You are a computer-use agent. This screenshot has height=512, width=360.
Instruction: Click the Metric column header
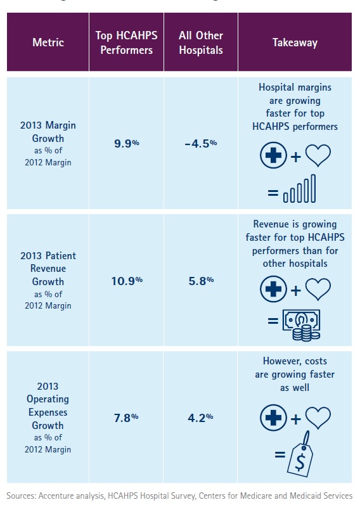48,42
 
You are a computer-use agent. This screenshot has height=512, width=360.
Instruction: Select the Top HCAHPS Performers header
126,42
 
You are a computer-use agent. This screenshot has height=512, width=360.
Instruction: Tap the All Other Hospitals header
201,42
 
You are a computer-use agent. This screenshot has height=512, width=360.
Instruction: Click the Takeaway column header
295,42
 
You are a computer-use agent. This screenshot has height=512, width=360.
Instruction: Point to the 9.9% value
126,143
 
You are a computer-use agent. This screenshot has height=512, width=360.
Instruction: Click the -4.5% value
200,143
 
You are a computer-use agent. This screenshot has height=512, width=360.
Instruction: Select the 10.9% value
127,281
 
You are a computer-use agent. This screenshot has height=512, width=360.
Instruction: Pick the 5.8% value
201,281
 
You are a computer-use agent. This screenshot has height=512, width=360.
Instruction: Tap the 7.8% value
126,418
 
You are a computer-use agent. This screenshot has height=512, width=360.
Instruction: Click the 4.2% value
200,418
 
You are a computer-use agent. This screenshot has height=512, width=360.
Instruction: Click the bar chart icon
300,189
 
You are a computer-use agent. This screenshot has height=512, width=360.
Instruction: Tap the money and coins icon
302,325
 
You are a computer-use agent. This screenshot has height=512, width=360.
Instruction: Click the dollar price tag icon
300,454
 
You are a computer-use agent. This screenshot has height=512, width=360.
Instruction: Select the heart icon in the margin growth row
318,155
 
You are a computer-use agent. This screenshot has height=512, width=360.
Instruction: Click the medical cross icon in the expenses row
273,418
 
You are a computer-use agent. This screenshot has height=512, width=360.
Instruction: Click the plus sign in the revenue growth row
295,291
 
